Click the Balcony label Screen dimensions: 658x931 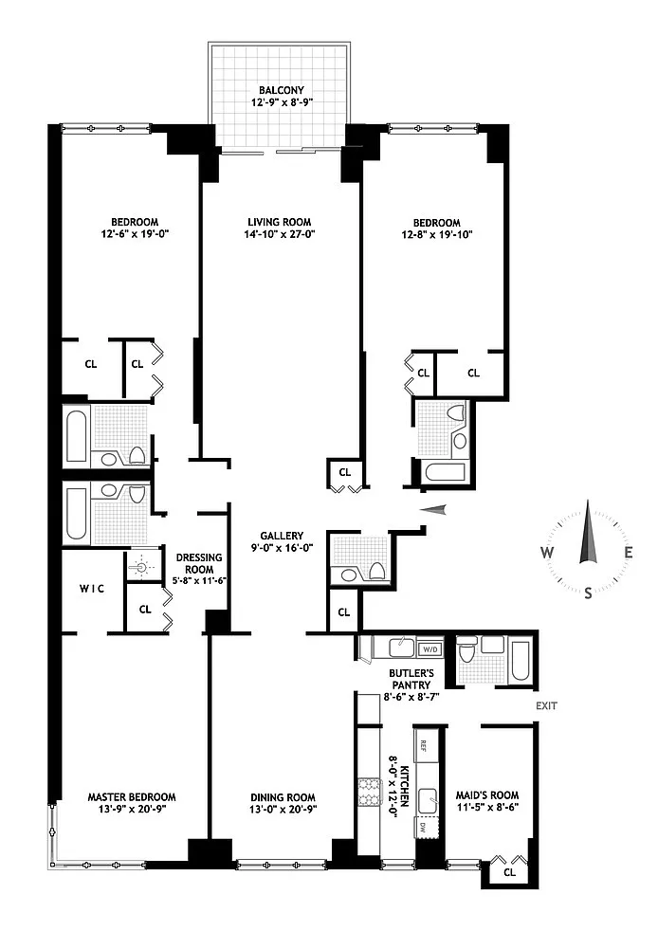(282, 90)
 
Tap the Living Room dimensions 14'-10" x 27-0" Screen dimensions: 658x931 (279, 234)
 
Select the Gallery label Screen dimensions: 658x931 (282, 536)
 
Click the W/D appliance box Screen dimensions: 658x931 (430, 649)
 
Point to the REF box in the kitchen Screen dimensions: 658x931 (424, 746)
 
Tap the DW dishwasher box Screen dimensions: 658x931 (423, 828)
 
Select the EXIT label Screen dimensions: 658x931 (546, 706)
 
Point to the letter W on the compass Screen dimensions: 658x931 (547, 553)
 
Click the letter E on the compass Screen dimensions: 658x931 (629, 552)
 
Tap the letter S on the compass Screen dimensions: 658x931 (588, 593)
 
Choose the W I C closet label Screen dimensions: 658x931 (92, 589)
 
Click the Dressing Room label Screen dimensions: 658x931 (199, 563)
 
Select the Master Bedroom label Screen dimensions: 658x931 (132, 796)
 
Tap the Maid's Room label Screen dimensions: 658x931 (487, 795)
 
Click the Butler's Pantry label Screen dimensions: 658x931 (411, 679)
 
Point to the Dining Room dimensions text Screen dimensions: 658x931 (283, 809)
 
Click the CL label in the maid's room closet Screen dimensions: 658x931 (509, 872)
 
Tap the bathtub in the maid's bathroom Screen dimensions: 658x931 (521, 660)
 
